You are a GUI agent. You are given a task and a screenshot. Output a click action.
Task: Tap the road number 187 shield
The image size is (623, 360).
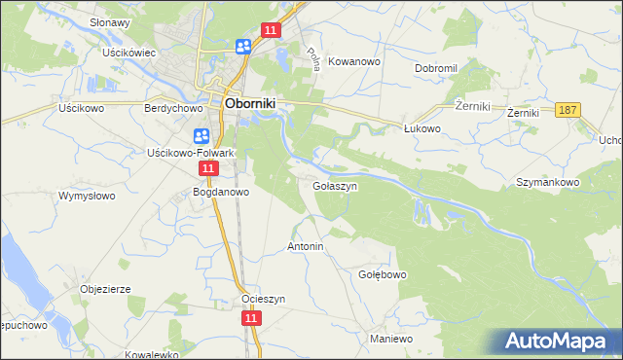tap(569, 111)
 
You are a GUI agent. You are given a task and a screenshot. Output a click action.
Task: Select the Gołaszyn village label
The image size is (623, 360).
tap(336, 185)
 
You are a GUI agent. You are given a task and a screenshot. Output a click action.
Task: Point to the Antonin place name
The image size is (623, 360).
tap(305, 247)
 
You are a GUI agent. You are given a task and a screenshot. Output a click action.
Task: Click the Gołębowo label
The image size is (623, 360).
tap(383, 274)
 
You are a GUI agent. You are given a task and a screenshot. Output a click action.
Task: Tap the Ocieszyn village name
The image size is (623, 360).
tap(263, 299)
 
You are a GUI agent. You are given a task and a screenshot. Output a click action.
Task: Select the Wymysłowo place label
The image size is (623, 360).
tap(86, 196)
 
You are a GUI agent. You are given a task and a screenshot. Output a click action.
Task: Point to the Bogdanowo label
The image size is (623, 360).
tap(222, 193)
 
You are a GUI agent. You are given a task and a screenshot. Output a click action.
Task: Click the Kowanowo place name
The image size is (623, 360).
tap(353, 60)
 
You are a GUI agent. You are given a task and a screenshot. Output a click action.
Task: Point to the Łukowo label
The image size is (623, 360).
tap(423, 127)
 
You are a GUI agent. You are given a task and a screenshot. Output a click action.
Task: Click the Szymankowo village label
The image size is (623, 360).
tap(548, 182)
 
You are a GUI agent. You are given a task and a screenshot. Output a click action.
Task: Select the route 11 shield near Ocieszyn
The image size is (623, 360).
tap(251, 318)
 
